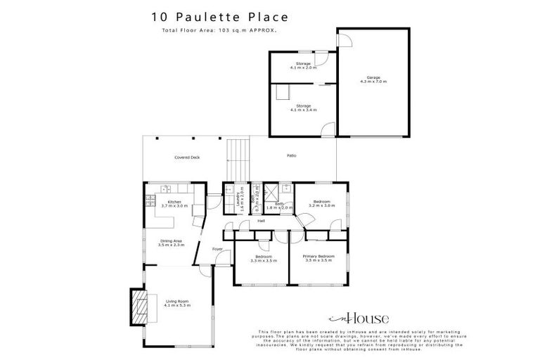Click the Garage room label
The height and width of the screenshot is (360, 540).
[x=373, y=79]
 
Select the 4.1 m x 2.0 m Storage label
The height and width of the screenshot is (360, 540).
[x=303, y=66]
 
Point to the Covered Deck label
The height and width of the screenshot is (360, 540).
[x=188, y=157]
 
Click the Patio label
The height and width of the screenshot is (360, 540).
[x=291, y=155]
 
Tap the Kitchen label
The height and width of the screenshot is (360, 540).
[x=174, y=204]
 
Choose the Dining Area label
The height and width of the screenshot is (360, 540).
[x=172, y=243]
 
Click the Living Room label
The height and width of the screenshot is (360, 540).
[x=176, y=303]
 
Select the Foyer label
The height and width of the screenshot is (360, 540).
[x=218, y=249]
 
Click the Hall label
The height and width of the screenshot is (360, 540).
[x=260, y=221]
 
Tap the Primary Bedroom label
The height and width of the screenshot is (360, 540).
[x=319, y=258]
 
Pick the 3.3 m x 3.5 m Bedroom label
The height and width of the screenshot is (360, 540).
[x=264, y=258]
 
